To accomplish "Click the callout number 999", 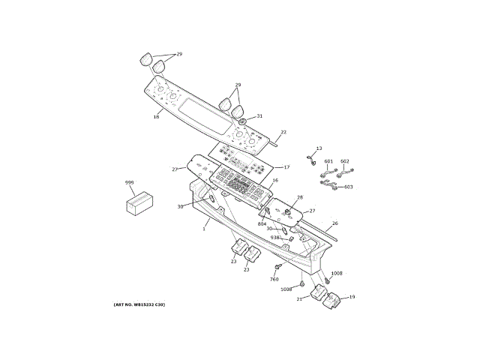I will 129,182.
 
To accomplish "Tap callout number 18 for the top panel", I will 156,116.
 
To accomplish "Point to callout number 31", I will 259,116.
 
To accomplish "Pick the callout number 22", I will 283,132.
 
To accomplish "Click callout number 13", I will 318,148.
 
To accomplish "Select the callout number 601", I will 328,161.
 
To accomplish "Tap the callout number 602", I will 345,161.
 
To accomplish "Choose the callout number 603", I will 348,187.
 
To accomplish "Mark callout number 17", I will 286,166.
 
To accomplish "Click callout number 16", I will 274,181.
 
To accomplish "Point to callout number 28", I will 299,198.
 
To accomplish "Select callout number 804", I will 262,223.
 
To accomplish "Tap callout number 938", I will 275,238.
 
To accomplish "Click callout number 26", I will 334,223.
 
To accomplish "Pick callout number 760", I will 274,278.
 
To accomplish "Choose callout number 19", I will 352,297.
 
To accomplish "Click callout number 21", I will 299,298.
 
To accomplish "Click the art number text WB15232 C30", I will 139,304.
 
